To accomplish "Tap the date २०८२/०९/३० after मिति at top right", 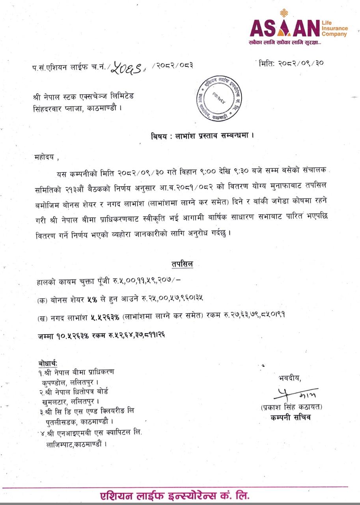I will tap(302, 63).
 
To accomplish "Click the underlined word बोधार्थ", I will tap(48, 363).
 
